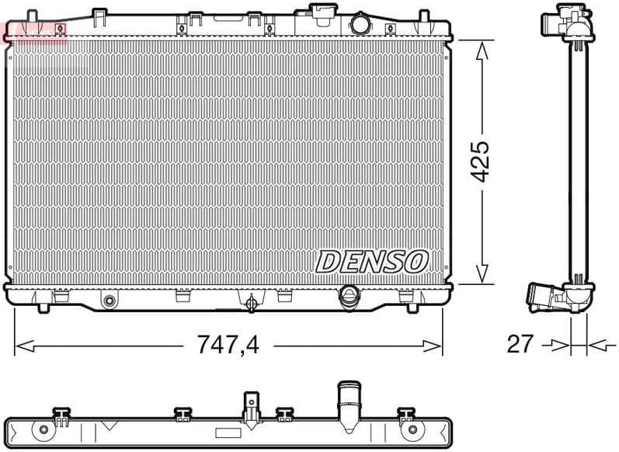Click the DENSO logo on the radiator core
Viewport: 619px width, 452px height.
tap(371, 262)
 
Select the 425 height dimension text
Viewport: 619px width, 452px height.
tap(482, 161)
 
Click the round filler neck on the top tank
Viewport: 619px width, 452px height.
tap(360, 23)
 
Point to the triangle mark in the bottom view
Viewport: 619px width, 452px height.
tap(109, 425)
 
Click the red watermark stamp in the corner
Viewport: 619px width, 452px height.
tap(36, 32)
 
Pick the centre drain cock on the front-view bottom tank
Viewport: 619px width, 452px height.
tap(251, 302)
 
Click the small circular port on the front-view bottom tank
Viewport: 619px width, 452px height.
tap(109, 301)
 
